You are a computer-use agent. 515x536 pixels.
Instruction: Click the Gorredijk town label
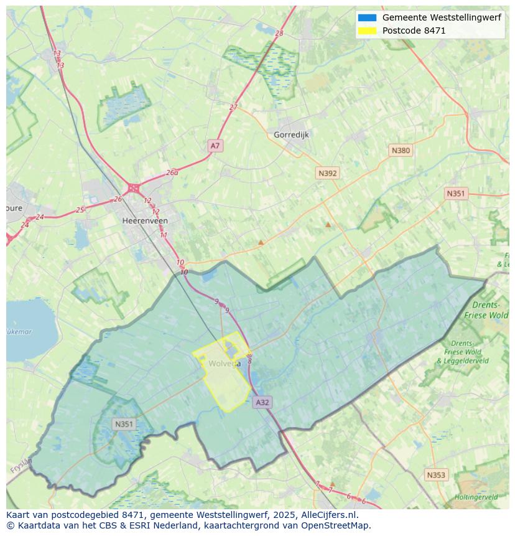tap(291, 134)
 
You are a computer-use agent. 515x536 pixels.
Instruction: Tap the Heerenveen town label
tap(145, 220)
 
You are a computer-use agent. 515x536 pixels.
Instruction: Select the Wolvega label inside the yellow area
tap(224, 364)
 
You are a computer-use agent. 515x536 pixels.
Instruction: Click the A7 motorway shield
tap(215, 146)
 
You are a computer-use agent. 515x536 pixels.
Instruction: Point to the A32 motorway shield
tap(262, 402)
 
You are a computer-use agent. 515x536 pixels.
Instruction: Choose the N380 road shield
tap(401, 150)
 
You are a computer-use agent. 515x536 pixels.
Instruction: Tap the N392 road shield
tap(327, 173)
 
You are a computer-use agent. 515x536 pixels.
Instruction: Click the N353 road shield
tap(436, 475)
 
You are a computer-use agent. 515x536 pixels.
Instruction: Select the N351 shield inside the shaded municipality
tap(124, 424)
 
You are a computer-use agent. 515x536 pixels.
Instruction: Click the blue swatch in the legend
tap(367, 18)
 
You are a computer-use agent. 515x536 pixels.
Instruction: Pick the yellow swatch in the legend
tap(367, 31)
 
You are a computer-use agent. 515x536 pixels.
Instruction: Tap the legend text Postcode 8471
tap(414, 31)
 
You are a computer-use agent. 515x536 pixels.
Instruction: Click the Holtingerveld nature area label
tap(476, 497)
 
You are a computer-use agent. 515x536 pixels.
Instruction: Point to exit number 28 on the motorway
tap(279, 34)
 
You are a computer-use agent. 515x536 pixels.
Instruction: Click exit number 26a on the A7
tap(172, 172)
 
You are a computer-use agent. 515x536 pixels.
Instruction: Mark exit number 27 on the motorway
tap(233, 107)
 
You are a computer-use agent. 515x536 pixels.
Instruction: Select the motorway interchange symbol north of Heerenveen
tap(133, 187)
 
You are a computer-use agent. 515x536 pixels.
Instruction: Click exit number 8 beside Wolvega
tap(249, 360)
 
